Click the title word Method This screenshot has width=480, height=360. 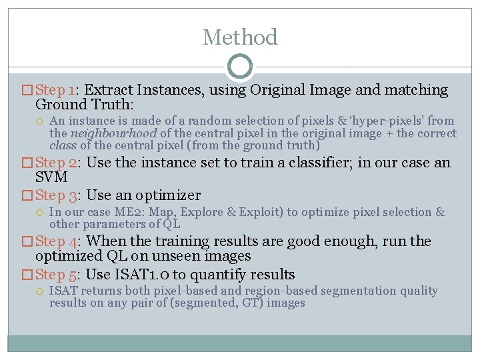tap(240, 37)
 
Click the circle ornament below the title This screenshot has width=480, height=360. tap(240, 67)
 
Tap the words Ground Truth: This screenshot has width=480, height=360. tap(84, 105)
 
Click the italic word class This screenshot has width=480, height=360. tap(63, 145)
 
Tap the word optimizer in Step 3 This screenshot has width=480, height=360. tap(168, 195)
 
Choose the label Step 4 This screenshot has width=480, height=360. tap(57, 241)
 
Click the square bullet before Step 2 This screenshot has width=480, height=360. tap(28, 163)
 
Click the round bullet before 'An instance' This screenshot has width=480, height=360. tap(41, 121)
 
